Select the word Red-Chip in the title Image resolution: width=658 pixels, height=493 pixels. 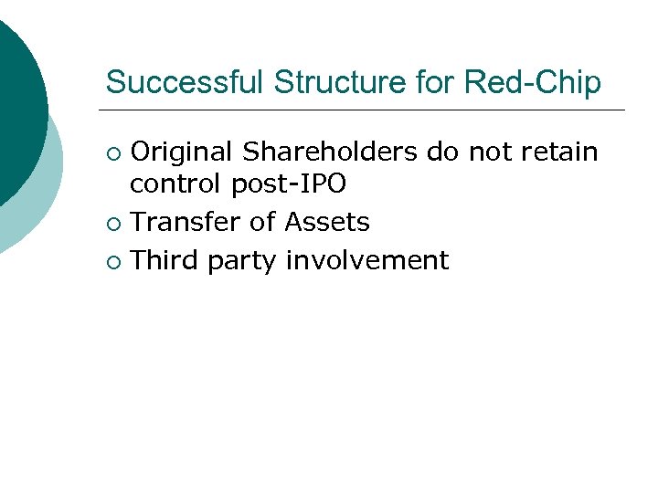533,82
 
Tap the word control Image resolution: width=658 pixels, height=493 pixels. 176,184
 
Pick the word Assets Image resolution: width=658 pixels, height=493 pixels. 327,222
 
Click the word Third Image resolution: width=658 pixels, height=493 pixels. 165,260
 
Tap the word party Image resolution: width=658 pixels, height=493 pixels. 243,262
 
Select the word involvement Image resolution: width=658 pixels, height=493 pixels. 367,260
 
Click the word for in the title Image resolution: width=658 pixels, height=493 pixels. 436,82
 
